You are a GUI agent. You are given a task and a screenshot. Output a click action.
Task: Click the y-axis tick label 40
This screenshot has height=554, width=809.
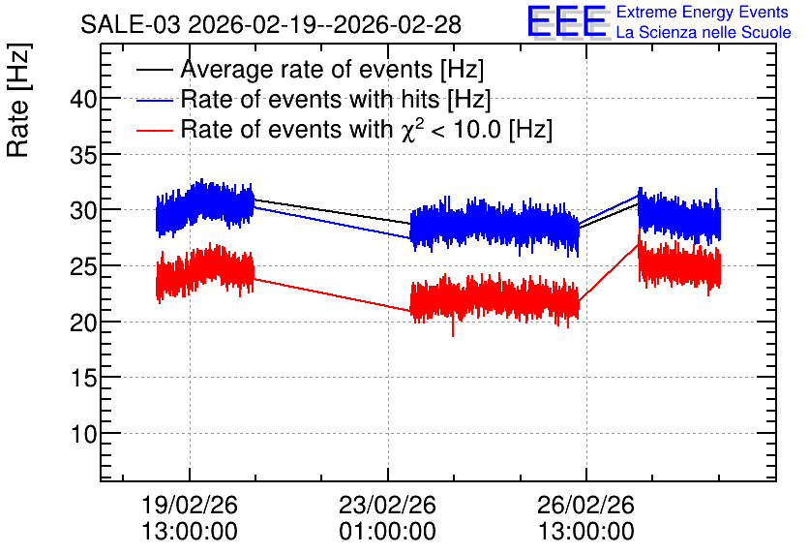pos(83,99)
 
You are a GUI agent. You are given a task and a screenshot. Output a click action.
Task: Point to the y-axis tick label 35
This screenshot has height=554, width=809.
pos(83,154)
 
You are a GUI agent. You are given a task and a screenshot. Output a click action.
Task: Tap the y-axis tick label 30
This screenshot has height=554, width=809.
pos(83,210)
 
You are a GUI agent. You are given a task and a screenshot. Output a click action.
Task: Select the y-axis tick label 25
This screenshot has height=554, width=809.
pos(83,266)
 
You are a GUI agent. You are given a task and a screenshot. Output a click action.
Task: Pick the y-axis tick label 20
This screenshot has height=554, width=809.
pos(83,323)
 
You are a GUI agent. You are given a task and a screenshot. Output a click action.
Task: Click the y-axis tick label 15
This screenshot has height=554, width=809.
pos(83,378)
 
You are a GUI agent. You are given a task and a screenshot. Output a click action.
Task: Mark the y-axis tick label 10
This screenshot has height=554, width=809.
pos(83,434)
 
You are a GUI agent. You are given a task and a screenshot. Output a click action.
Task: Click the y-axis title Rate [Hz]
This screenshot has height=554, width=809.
pos(18,100)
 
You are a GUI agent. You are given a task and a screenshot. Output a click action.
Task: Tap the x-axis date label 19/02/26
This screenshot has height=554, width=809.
pos(190,505)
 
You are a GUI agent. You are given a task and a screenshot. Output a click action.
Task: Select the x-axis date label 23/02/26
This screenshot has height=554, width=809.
pos(387,505)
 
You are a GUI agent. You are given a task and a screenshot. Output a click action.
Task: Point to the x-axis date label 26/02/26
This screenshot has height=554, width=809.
pos(585,505)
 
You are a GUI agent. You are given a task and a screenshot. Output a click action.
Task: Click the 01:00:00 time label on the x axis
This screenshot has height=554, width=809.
pos(387,532)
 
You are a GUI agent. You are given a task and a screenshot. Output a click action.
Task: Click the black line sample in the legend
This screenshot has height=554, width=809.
pos(155,70)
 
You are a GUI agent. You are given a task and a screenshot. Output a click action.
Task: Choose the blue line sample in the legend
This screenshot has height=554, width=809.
pos(155,100)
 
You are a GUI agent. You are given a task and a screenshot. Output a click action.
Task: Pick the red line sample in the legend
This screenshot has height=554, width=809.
pos(155,130)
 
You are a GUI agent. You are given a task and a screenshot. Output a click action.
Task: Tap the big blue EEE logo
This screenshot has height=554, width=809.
pos(566,21)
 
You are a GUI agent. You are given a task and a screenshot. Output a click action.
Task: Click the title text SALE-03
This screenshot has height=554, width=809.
pos(131,25)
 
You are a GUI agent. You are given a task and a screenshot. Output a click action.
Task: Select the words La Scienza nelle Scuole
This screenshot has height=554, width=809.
pos(704,32)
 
